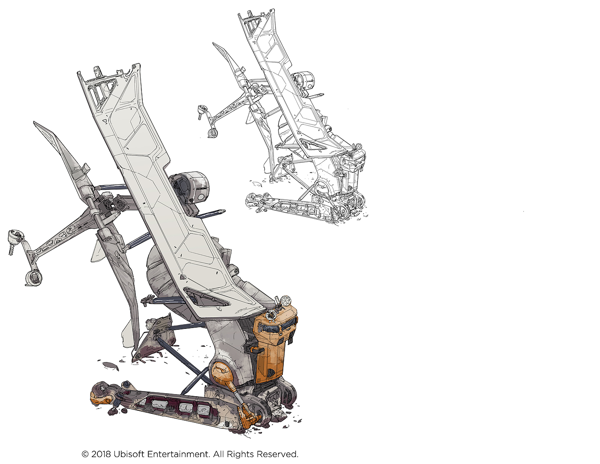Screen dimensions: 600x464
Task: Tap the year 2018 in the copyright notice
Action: click(x=101, y=454)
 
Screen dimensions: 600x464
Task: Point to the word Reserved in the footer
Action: click(x=277, y=454)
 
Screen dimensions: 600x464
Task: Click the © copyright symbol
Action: click(x=85, y=454)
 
